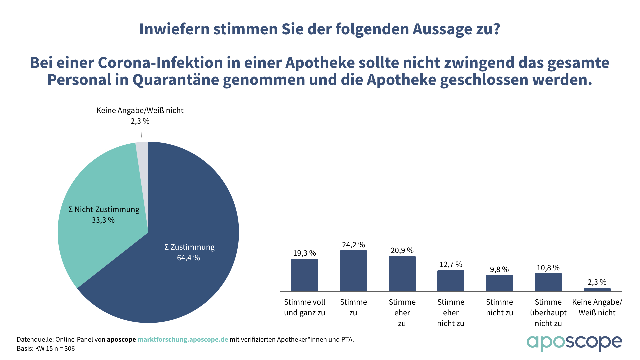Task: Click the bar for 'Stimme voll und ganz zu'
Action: click(x=304, y=275)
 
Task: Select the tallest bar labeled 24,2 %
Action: click(x=353, y=271)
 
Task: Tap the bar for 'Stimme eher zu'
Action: click(x=402, y=273)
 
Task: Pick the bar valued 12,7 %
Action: click(x=451, y=281)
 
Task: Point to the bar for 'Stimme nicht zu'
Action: click(x=499, y=283)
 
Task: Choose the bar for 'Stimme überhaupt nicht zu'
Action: click(x=548, y=282)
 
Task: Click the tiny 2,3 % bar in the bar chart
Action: click(x=597, y=289)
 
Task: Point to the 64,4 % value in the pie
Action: click(x=188, y=258)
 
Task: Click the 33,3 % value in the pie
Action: click(x=103, y=220)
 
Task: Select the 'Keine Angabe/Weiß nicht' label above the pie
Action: click(x=140, y=110)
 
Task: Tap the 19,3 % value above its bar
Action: click(x=304, y=253)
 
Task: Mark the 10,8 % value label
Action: click(x=548, y=268)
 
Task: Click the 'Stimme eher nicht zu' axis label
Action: click(x=451, y=312)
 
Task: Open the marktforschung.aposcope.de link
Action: click(x=183, y=339)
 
